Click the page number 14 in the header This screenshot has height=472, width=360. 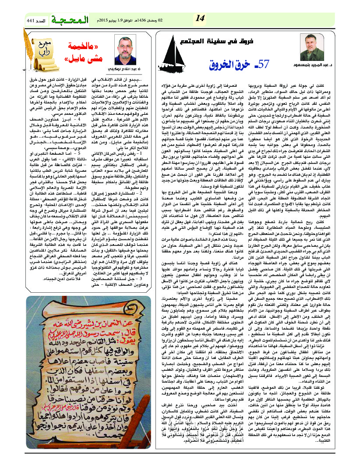200,18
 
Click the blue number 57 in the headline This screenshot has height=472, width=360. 264,64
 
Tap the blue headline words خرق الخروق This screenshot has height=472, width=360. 236,65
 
